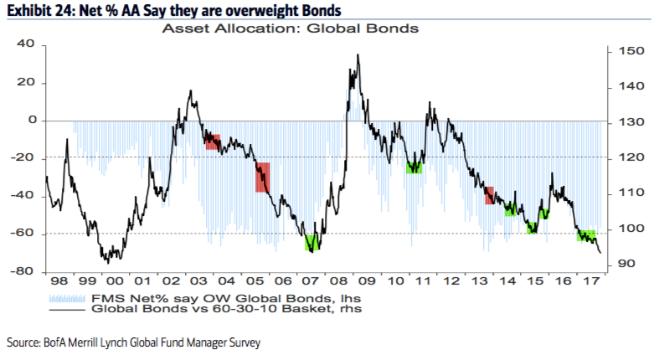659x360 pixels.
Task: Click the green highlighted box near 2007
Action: tap(311, 243)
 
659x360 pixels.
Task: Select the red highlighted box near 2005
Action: tap(262, 177)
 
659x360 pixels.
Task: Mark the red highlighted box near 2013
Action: tap(489, 194)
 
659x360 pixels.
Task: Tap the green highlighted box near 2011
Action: tap(414, 167)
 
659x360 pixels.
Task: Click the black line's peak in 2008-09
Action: tap(358, 56)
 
